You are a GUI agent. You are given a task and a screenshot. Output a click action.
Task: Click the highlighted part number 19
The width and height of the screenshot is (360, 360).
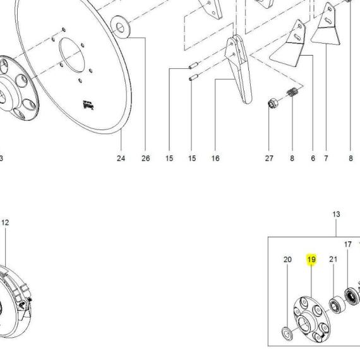click(311, 260)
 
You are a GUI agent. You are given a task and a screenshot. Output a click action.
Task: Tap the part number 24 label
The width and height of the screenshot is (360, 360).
click(121, 158)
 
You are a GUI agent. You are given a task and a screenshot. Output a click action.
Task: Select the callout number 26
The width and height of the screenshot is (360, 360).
click(145, 158)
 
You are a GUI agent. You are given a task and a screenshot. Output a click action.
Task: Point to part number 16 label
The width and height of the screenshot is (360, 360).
click(215, 158)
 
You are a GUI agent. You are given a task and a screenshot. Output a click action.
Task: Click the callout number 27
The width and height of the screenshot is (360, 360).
click(269, 158)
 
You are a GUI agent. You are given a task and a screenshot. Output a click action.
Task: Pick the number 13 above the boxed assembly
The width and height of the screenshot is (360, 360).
click(336, 214)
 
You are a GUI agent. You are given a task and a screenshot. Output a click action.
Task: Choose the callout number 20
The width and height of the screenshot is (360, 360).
click(287, 260)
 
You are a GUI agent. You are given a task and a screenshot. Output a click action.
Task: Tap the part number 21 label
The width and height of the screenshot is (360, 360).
click(333, 260)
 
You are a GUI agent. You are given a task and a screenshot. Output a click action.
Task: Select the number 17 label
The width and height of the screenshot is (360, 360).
click(348, 244)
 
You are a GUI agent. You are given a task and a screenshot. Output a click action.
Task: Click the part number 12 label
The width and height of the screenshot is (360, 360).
click(5, 222)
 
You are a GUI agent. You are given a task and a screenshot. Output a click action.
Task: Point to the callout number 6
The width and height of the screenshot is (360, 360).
click(313, 158)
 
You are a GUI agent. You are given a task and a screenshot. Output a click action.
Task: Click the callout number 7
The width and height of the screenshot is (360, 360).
click(326, 158)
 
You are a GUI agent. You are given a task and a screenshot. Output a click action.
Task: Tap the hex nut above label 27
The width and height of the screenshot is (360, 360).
click(273, 104)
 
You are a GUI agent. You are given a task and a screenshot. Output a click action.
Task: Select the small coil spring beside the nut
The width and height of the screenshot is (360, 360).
click(292, 92)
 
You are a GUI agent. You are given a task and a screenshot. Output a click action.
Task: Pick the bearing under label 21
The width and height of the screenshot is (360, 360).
click(337, 304)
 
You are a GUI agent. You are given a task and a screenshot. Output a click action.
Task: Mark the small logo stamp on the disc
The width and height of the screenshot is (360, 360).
click(88, 105)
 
